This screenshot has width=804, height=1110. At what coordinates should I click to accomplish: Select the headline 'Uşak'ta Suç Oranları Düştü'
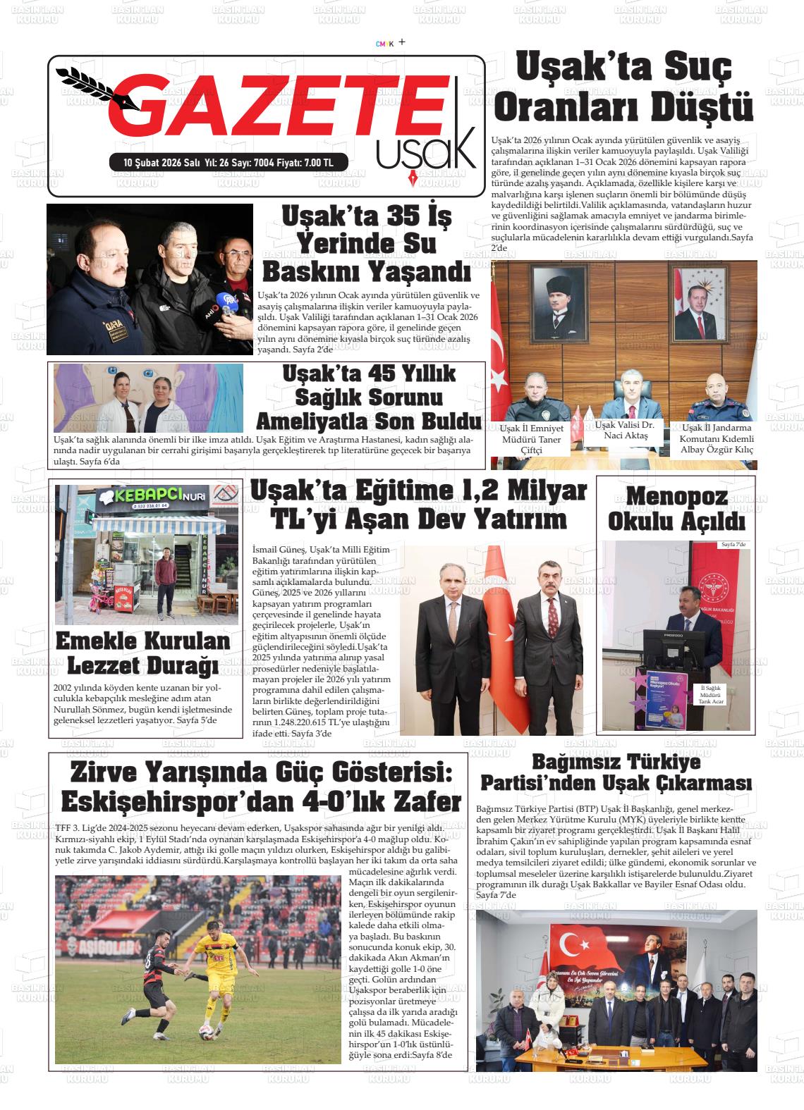point(623,88)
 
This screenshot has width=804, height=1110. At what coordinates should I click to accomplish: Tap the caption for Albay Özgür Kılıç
point(717,438)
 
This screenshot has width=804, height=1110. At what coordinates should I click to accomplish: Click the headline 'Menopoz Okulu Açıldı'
point(676,510)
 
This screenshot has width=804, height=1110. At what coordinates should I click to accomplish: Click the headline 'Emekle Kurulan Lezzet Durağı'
point(142,653)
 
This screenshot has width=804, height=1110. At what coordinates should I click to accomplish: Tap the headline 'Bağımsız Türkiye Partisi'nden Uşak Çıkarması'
point(616,772)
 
